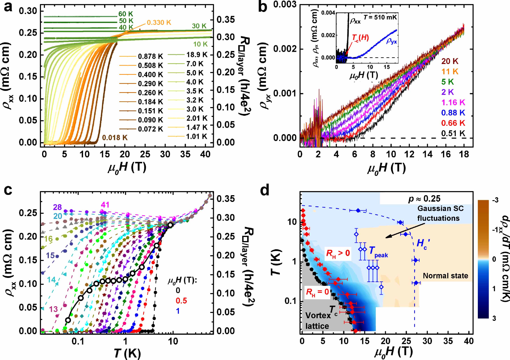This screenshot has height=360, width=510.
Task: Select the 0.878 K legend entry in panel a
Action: click(x=150, y=56)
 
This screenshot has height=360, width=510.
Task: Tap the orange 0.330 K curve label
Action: click(x=159, y=22)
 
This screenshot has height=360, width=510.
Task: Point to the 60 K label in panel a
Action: click(x=126, y=14)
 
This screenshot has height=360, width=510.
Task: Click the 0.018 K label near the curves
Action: click(x=115, y=138)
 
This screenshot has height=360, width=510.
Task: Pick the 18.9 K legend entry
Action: click(x=197, y=55)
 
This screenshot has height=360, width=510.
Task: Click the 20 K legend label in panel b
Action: click(x=450, y=61)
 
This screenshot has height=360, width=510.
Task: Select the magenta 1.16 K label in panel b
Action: click(x=453, y=103)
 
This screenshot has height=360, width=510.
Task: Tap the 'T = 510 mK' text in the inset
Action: click(x=380, y=17)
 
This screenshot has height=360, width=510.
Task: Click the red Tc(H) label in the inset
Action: click(x=360, y=37)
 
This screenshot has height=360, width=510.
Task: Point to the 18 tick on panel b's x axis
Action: click(x=464, y=154)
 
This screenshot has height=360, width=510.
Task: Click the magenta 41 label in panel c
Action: click(x=105, y=205)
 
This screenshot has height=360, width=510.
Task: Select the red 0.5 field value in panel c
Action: click(x=181, y=301)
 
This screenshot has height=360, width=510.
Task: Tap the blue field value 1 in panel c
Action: click(x=178, y=311)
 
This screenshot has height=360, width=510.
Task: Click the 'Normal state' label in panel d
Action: click(x=445, y=276)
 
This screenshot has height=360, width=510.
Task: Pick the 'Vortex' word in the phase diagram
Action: click(x=318, y=316)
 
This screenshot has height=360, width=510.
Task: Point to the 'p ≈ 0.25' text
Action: click(x=424, y=199)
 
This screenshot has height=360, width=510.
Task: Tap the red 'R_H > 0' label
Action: click(x=338, y=253)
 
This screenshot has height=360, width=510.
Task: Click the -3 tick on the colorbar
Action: click(x=495, y=200)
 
